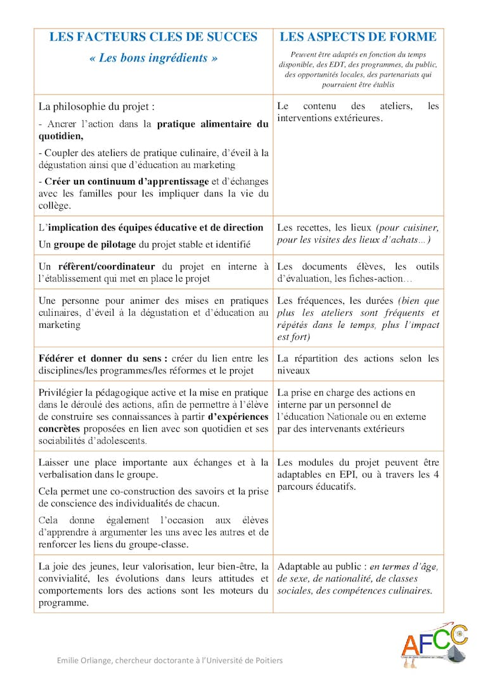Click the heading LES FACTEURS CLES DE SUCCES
point(153,37)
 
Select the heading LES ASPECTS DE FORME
point(358,37)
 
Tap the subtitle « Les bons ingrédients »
point(153,58)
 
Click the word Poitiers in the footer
point(268,660)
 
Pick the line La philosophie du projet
point(96,107)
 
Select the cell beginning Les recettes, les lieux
point(358,233)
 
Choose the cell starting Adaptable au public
point(358,578)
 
